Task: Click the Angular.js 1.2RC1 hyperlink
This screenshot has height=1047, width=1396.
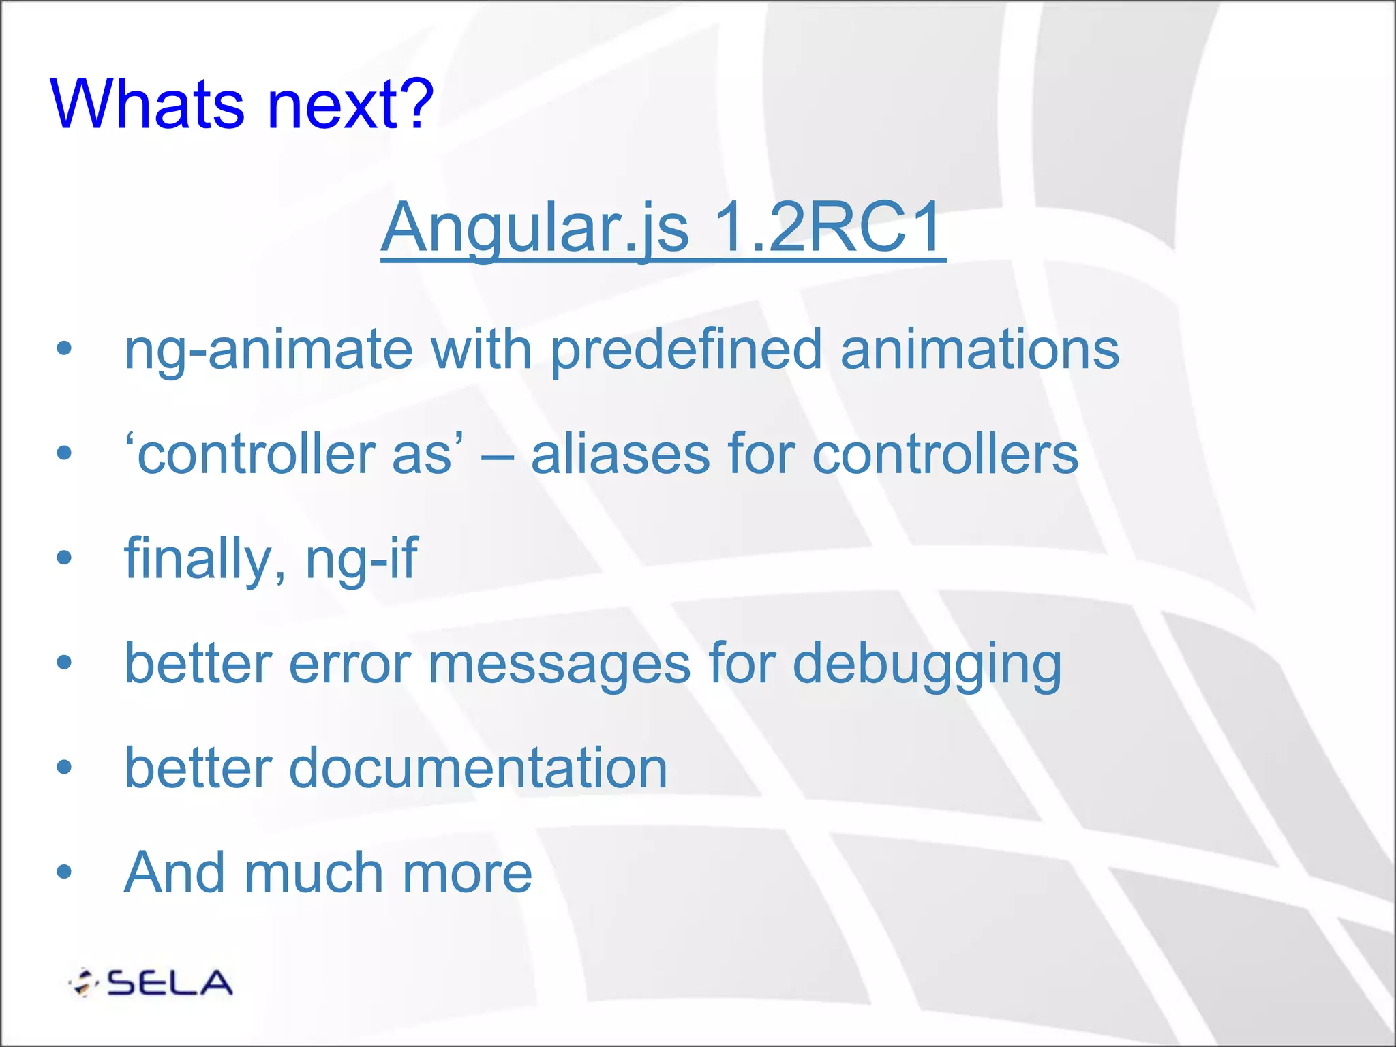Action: tap(663, 228)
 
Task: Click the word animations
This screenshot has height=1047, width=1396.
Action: tap(980, 350)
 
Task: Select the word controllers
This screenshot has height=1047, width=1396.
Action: tap(945, 455)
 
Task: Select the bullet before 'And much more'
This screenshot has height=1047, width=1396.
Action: tap(64, 872)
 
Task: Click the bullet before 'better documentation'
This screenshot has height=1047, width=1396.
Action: tap(64, 768)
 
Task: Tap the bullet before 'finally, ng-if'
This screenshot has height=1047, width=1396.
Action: tap(64, 558)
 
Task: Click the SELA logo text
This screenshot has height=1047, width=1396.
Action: tap(170, 983)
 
